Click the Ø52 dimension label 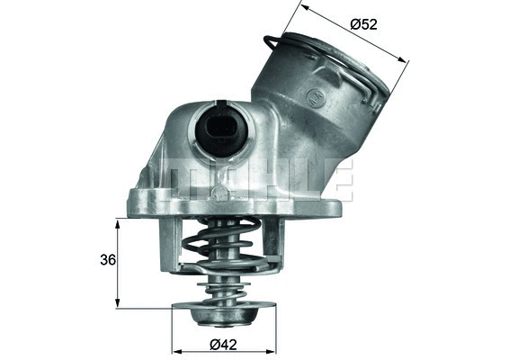pos(363,24)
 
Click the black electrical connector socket pos(219,130)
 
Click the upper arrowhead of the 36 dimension pos(118,222)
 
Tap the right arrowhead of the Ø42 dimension pos(274,349)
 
